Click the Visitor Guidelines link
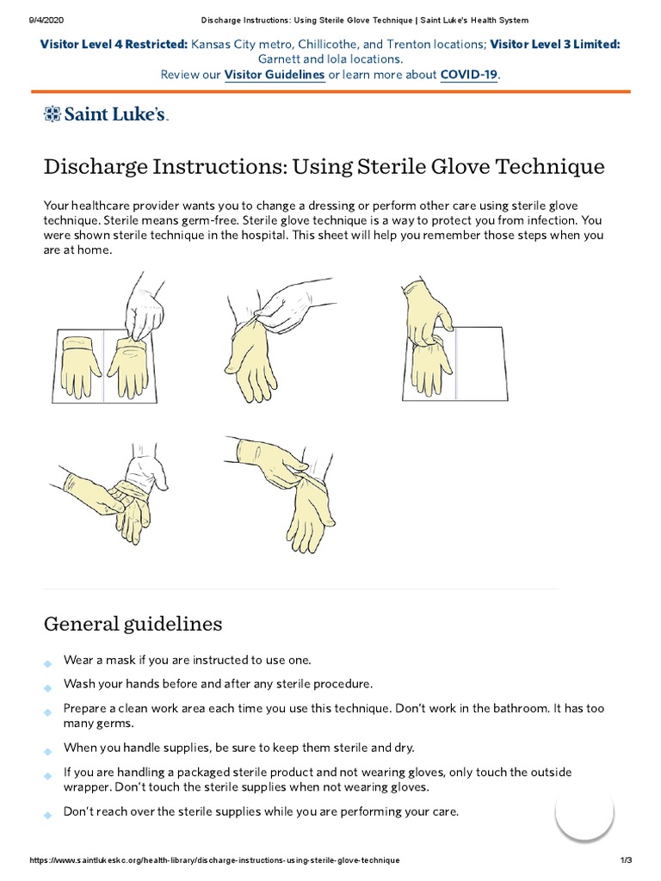pos(274,75)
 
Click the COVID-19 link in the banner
pos(468,75)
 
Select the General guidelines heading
pos(133,623)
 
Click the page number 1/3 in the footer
pos(626,860)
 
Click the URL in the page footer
pos(214,860)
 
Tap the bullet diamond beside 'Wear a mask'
pos(46,662)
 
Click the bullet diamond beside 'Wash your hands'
pos(46,687)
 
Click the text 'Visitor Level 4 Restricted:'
pos(114,44)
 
